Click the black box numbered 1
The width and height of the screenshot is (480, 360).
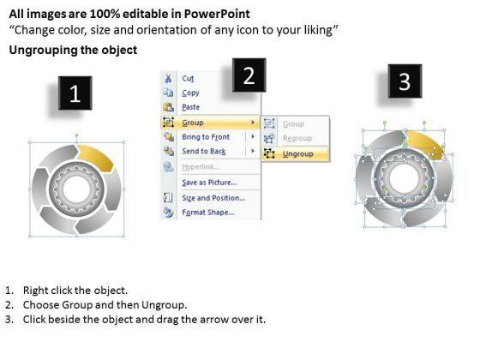tap(75, 93)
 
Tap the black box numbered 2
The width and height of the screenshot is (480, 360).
tap(249, 75)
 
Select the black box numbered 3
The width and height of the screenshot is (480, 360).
tap(405, 81)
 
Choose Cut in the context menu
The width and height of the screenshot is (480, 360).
tap(188, 79)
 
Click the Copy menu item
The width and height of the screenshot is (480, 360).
tap(190, 93)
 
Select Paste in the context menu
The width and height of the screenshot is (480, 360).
tap(190, 107)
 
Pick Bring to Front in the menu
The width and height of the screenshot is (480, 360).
tap(206, 137)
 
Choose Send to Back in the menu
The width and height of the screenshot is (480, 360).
tap(204, 151)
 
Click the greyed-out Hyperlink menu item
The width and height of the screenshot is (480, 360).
tap(201, 167)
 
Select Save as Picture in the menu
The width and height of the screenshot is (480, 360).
tap(209, 183)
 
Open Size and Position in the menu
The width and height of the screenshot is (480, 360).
tap(213, 198)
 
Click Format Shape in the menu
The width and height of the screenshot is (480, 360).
tap(208, 213)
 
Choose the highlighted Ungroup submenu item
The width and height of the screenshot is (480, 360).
tap(298, 153)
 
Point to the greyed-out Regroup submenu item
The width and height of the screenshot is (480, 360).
tap(297, 138)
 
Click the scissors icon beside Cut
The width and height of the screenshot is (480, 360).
tap(168, 78)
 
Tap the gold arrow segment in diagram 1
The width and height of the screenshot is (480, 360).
tap(96, 157)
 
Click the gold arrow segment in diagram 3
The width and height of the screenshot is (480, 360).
tap(425, 143)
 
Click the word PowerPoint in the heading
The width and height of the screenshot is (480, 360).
tap(217, 14)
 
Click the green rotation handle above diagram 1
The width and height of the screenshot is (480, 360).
tap(76, 135)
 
